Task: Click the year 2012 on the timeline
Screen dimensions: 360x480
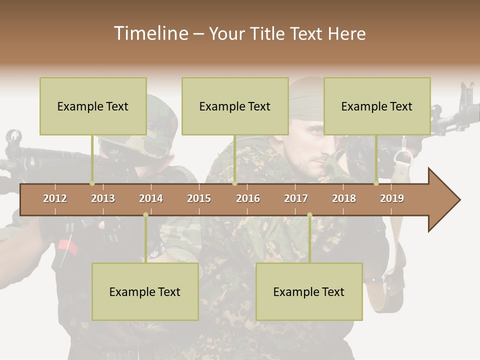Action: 55,198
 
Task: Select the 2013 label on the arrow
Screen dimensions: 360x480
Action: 103,198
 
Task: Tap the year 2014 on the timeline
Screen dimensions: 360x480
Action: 151,198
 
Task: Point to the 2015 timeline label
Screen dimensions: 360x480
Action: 199,198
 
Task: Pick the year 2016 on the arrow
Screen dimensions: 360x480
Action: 248,198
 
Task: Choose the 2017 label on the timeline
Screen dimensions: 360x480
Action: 296,198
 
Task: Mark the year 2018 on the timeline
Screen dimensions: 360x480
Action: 344,198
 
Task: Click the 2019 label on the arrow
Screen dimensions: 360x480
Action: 392,198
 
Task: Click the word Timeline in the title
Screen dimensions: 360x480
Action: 150,33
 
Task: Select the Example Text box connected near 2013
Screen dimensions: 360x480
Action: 93,106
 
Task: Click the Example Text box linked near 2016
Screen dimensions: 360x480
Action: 235,106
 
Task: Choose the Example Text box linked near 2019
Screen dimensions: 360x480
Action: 377,106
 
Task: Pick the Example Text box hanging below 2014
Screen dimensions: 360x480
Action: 145,291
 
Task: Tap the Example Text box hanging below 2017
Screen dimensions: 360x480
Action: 309,291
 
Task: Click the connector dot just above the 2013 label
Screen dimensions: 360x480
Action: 92,183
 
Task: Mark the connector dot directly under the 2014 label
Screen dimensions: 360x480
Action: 145,215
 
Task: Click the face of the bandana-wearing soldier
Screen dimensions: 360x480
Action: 312,145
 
